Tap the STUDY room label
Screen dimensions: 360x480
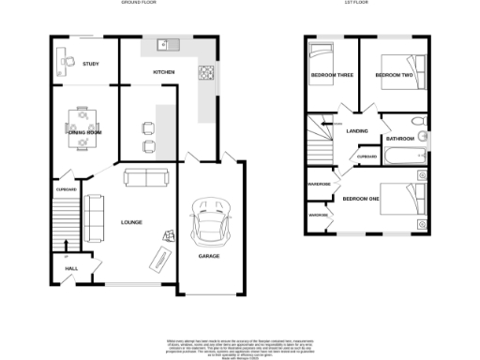91,64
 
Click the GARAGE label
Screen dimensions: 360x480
209,254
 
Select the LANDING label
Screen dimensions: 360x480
356,131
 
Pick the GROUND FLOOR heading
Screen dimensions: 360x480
140,5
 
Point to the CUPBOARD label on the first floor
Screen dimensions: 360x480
367,157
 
